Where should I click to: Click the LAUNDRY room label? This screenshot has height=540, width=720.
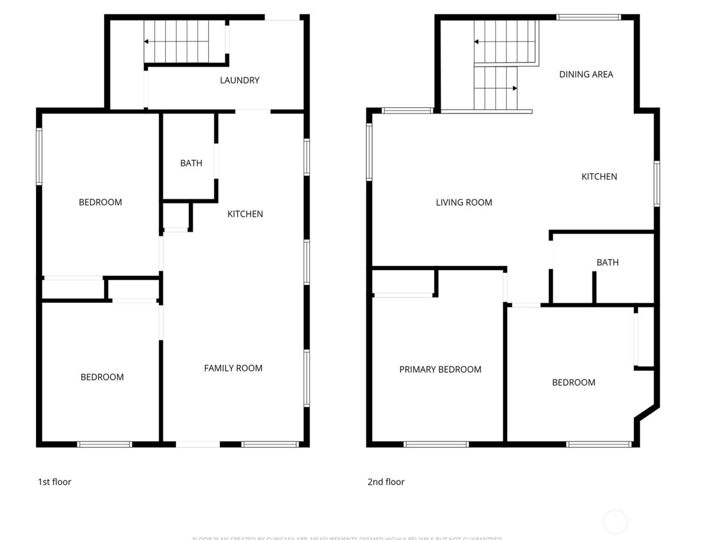pyautogui.click(x=240, y=80)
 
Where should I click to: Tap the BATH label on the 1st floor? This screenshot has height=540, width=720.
pyautogui.click(x=191, y=163)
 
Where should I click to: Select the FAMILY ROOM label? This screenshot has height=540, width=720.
pyautogui.click(x=233, y=368)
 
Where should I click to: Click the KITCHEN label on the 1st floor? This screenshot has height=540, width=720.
pyautogui.click(x=245, y=214)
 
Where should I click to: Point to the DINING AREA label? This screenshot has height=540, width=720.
pyautogui.click(x=586, y=75)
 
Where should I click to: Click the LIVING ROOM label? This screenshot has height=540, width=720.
pyautogui.click(x=464, y=203)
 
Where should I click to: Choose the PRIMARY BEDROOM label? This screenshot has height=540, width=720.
pyautogui.click(x=440, y=369)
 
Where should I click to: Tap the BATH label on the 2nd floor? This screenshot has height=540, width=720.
pyautogui.click(x=607, y=262)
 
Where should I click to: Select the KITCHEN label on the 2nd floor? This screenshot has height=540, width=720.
pyautogui.click(x=599, y=176)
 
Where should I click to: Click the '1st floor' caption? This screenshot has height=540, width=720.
pyautogui.click(x=55, y=482)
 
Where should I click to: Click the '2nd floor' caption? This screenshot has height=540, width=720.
pyautogui.click(x=386, y=482)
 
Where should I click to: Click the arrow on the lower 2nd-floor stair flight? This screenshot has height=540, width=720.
pyautogui.click(x=514, y=88)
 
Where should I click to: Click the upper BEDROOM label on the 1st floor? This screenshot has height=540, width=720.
pyautogui.click(x=100, y=203)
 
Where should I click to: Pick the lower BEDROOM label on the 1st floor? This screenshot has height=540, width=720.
pyautogui.click(x=102, y=377)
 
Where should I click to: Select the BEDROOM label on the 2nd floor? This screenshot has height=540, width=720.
pyautogui.click(x=573, y=383)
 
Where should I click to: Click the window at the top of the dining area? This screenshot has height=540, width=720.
pyautogui.click(x=588, y=17)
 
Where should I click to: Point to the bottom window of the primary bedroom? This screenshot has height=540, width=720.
pyautogui.click(x=436, y=444)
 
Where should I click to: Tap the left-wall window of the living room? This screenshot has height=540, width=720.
pyautogui.click(x=369, y=152)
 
